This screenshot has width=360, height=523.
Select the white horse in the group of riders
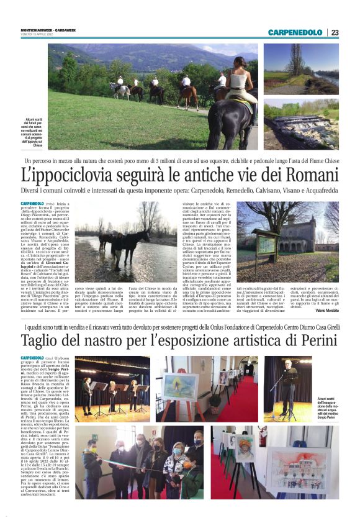120,89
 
